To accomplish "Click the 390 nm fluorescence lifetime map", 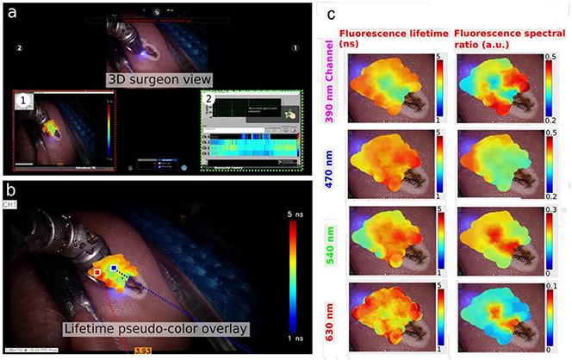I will tap(387, 86).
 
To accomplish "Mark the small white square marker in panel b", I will tap(97, 273).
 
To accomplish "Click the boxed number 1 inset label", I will tap(25, 100).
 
